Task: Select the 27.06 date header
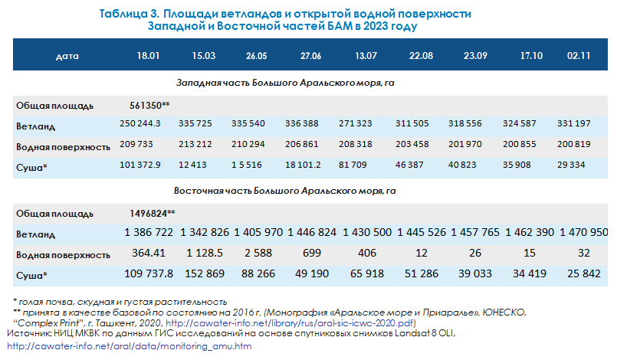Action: [x=310, y=57]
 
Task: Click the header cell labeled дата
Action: [x=68, y=57]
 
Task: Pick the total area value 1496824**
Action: [x=153, y=213]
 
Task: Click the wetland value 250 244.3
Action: [x=146, y=124]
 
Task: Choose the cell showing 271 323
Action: [x=364, y=124]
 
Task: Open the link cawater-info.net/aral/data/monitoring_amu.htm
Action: [x=129, y=347]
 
